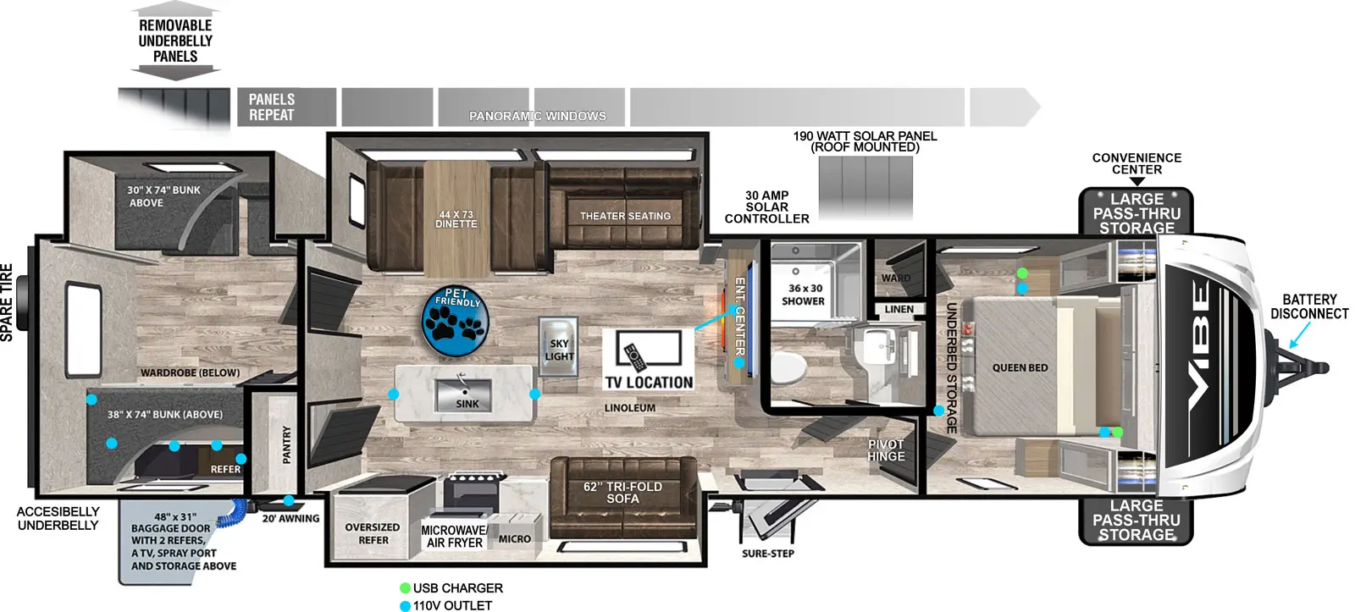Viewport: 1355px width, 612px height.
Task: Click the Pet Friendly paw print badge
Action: click(x=456, y=322)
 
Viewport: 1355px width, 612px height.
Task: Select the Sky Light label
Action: click(x=559, y=350)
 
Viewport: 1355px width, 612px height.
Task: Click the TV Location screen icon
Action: click(x=648, y=349)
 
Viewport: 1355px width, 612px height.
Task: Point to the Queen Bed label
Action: click(x=1020, y=368)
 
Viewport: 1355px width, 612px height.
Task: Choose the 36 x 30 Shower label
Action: click(x=803, y=295)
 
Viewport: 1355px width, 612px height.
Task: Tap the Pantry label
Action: click(x=286, y=444)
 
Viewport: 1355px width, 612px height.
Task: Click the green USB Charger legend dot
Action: click(x=405, y=588)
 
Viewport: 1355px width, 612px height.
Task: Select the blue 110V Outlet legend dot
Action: click(x=405, y=606)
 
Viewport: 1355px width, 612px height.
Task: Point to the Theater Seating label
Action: click(x=625, y=217)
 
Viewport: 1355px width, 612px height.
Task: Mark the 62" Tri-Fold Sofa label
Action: click(x=622, y=493)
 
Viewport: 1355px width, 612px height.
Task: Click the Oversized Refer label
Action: click(x=373, y=533)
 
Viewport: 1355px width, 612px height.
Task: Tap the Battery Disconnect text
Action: click(x=1309, y=306)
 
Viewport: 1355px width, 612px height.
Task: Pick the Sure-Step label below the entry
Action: click(x=768, y=554)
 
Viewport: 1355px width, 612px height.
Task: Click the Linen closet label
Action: click(x=899, y=310)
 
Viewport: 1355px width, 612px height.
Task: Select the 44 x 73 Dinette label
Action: click(x=456, y=219)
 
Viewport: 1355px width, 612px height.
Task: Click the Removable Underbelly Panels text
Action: click(x=175, y=41)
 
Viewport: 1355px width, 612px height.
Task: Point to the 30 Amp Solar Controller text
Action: click(x=766, y=207)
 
